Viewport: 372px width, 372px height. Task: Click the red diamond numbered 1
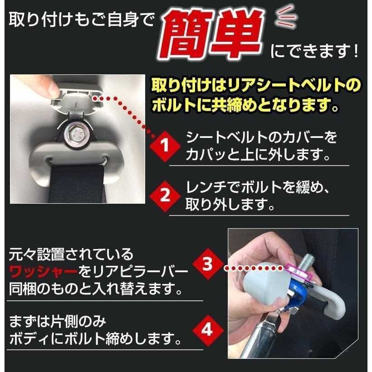pyautogui.click(x=164, y=146)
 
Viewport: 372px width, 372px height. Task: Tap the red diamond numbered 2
pyautogui.click(x=164, y=196)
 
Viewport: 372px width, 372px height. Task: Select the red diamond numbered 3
pyautogui.click(x=208, y=264)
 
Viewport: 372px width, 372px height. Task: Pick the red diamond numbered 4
pyautogui.click(x=208, y=330)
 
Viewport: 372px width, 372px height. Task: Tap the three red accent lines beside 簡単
pyautogui.click(x=286, y=17)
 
